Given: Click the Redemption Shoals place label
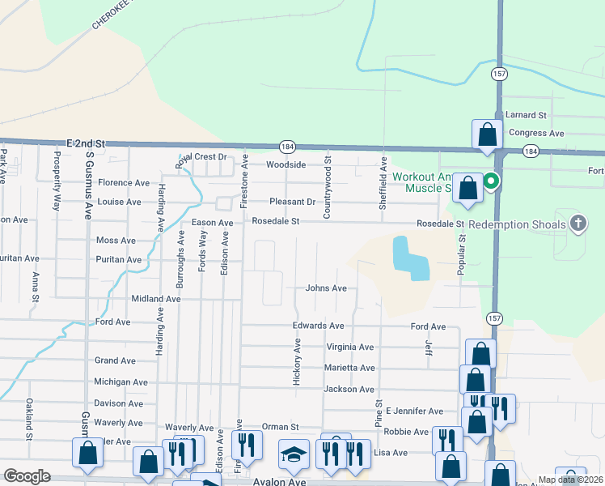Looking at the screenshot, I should tap(517, 224).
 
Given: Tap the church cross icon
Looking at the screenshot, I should tap(578, 223).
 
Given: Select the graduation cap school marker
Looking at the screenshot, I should tap(294, 454).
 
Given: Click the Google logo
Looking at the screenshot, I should tap(27, 476).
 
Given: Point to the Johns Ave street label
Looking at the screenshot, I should tap(326, 288).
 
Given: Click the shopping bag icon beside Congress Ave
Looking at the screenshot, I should tap(488, 135).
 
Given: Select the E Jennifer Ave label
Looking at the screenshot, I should tap(414, 411).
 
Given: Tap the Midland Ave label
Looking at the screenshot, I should tap(156, 299).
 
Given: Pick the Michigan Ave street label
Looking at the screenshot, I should tap(121, 382).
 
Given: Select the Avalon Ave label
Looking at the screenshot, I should tap(282, 481).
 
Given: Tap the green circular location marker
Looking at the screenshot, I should tap(490, 181).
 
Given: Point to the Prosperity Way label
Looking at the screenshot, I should tap(57, 180).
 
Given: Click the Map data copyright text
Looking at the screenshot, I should tap(570, 480).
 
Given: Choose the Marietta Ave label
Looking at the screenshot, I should tap(350, 368).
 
